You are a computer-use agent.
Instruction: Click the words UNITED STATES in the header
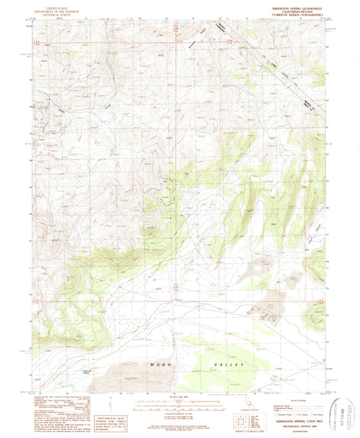tap(57, 5)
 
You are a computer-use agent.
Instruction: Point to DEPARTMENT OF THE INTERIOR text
tap(57, 8)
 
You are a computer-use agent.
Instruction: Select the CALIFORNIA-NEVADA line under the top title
tap(297, 9)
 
